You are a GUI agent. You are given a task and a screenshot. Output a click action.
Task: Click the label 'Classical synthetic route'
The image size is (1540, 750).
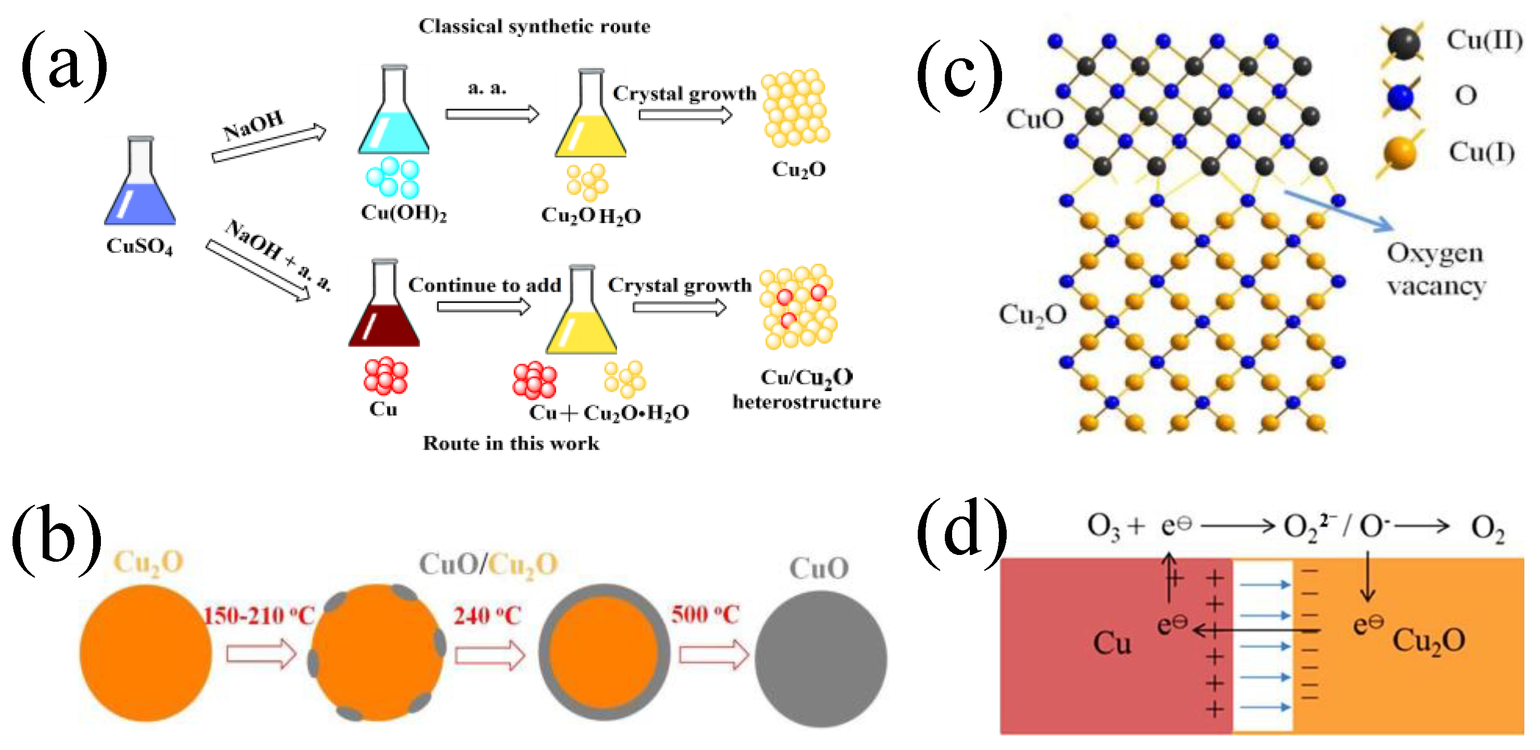point(534,27)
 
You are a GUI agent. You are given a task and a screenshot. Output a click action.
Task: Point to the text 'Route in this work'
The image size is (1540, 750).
point(510,444)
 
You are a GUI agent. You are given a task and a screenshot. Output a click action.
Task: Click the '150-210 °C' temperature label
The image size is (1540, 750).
point(258,615)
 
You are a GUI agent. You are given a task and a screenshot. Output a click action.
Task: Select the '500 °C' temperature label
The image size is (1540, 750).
point(705,614)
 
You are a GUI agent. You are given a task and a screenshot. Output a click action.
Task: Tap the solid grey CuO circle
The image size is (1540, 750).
point(820,658)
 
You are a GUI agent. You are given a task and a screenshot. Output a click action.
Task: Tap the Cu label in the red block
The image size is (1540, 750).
point(1111,643)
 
